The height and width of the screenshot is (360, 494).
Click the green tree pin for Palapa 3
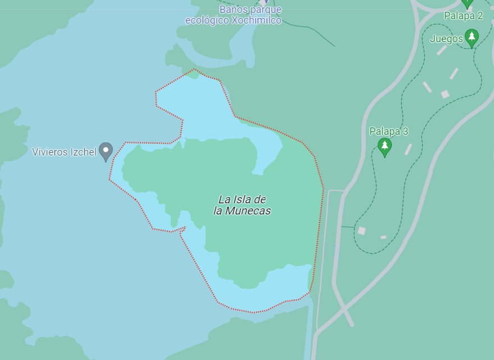[385, 147]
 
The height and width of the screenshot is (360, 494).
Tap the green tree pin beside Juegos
[472, 38]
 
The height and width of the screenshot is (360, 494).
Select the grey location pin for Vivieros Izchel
[106, 151]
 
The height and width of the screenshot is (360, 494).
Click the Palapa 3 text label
[388, 131]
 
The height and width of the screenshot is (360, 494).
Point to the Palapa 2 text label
[463, 16]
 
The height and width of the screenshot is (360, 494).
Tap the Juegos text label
[446, 39]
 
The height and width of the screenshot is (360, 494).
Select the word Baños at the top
[232, 10]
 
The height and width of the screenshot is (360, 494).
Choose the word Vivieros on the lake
[50, 152]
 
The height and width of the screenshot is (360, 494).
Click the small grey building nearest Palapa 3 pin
[408, 149]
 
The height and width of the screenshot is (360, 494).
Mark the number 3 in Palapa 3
[405, 131]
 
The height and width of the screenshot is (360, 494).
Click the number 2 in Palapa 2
[480, 16]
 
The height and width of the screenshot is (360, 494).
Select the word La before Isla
[225, 199]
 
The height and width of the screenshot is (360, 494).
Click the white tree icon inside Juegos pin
[472, 37]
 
